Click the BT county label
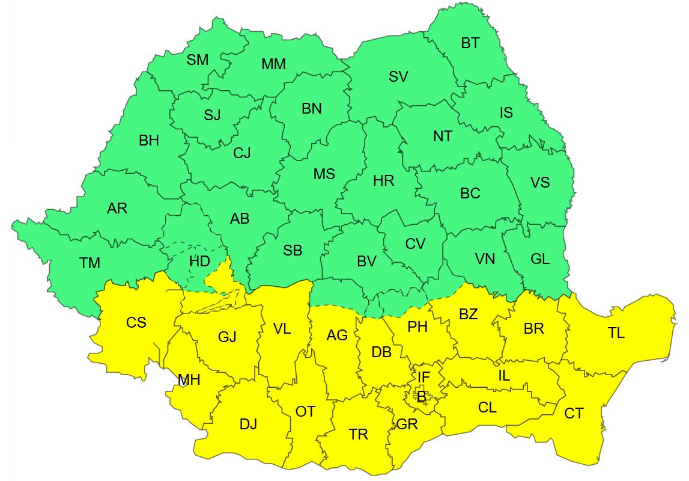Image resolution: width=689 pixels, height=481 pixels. (x=470, y=43)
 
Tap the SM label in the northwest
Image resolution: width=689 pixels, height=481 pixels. (x=198, y=60)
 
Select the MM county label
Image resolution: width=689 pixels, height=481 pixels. (x=273, y=64)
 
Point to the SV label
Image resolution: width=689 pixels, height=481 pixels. (x=398, y=76)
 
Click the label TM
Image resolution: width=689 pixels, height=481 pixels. (x=90, y=263)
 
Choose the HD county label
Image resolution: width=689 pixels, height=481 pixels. (x=199, y=262)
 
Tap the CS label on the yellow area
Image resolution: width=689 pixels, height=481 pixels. (x=136, y=322)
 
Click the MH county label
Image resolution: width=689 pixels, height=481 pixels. (x=189, y=380)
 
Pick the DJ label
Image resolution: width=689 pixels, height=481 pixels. (x=248, y=424)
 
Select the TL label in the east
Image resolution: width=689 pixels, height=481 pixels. (x=616, y=332)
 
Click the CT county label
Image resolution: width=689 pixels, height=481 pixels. (x=574, y=414)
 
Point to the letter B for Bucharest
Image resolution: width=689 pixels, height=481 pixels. (x=422, y=396)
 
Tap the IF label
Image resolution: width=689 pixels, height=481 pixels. (x=423, y=377)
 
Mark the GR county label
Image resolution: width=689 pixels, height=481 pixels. (x=407, y=424)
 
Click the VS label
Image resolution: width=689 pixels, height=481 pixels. (x=539, y=182)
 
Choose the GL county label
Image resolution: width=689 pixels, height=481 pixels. (x=540, y=259)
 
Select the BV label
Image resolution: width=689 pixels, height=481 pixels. (x=366, y=262)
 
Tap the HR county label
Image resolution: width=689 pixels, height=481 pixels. (x=383, y=180)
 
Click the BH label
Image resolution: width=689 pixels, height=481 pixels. (x=149, y=141)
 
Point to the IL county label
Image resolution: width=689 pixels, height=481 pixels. (x=504, y=376)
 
